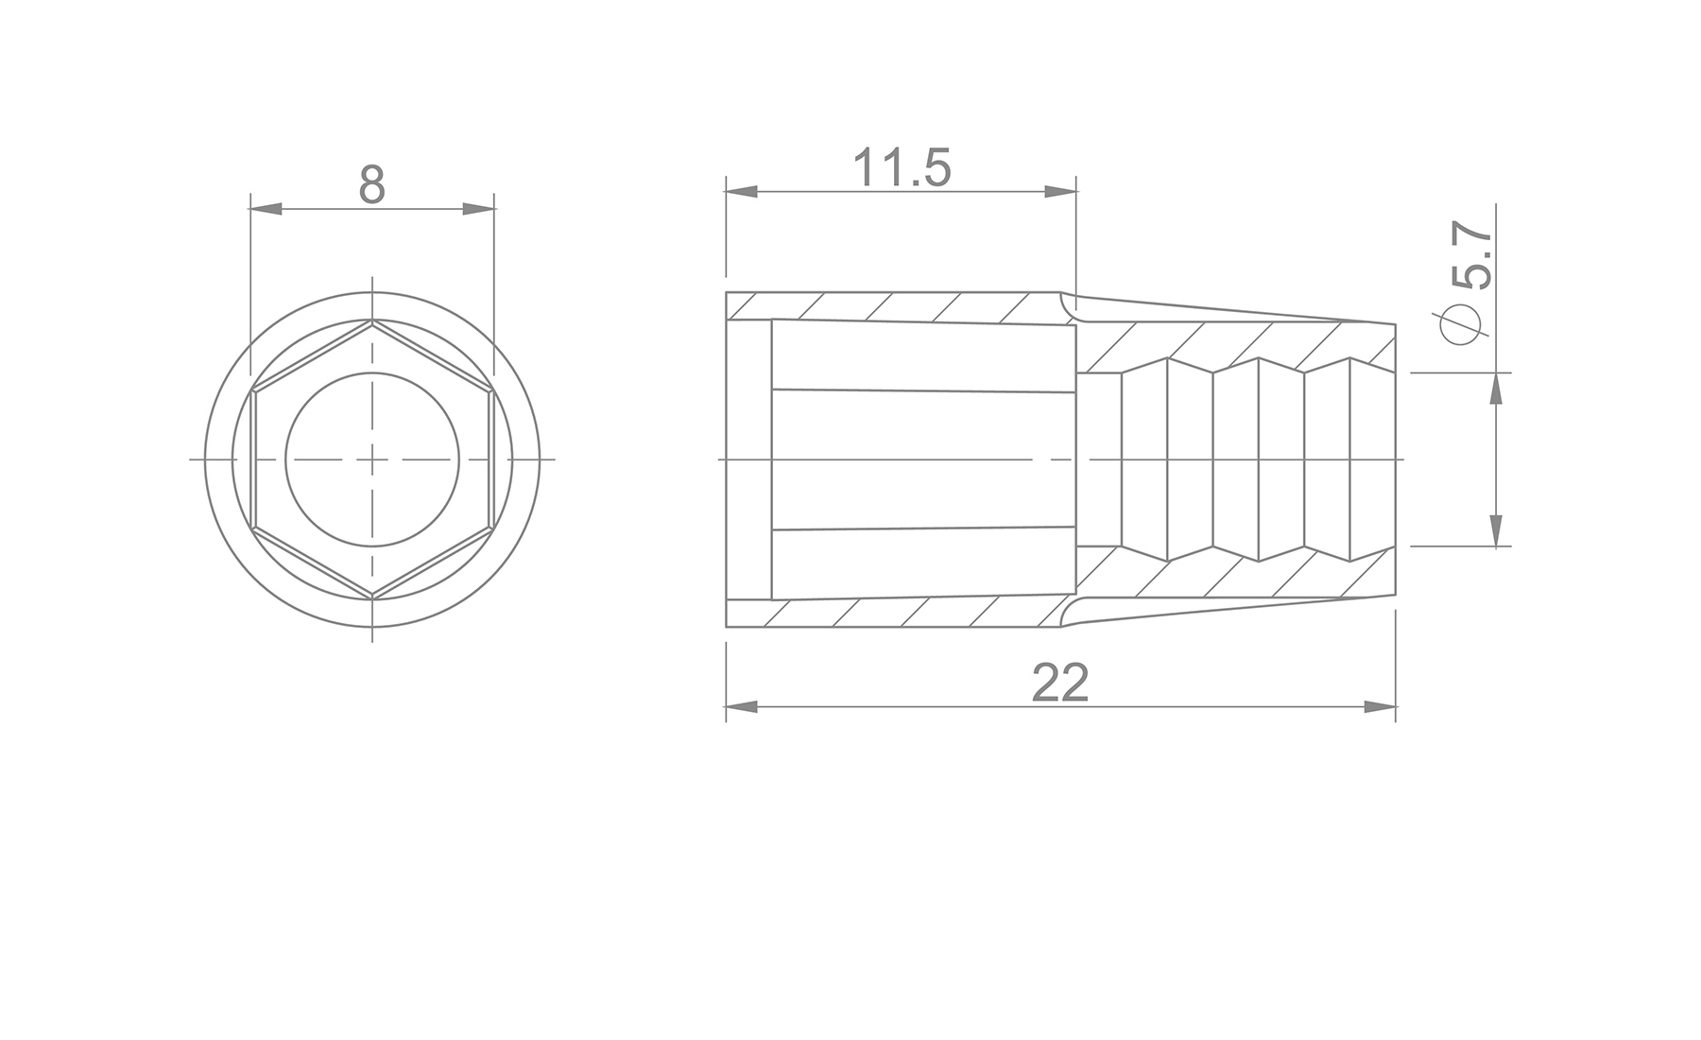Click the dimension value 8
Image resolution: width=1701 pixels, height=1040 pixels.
tap(372, 185)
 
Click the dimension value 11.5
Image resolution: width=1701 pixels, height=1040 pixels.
tap(902, 168)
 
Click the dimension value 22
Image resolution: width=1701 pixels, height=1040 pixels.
tap(1060, 683)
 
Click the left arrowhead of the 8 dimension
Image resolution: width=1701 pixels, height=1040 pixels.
tap(266, 208)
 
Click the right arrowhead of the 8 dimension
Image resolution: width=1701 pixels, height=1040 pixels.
tap(478, 208)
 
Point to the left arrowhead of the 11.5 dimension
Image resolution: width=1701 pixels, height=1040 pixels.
tap(743, 192)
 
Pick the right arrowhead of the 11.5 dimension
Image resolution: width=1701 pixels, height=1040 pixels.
tap(1060, 192)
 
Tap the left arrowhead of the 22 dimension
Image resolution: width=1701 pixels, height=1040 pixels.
tap(743, 707)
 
